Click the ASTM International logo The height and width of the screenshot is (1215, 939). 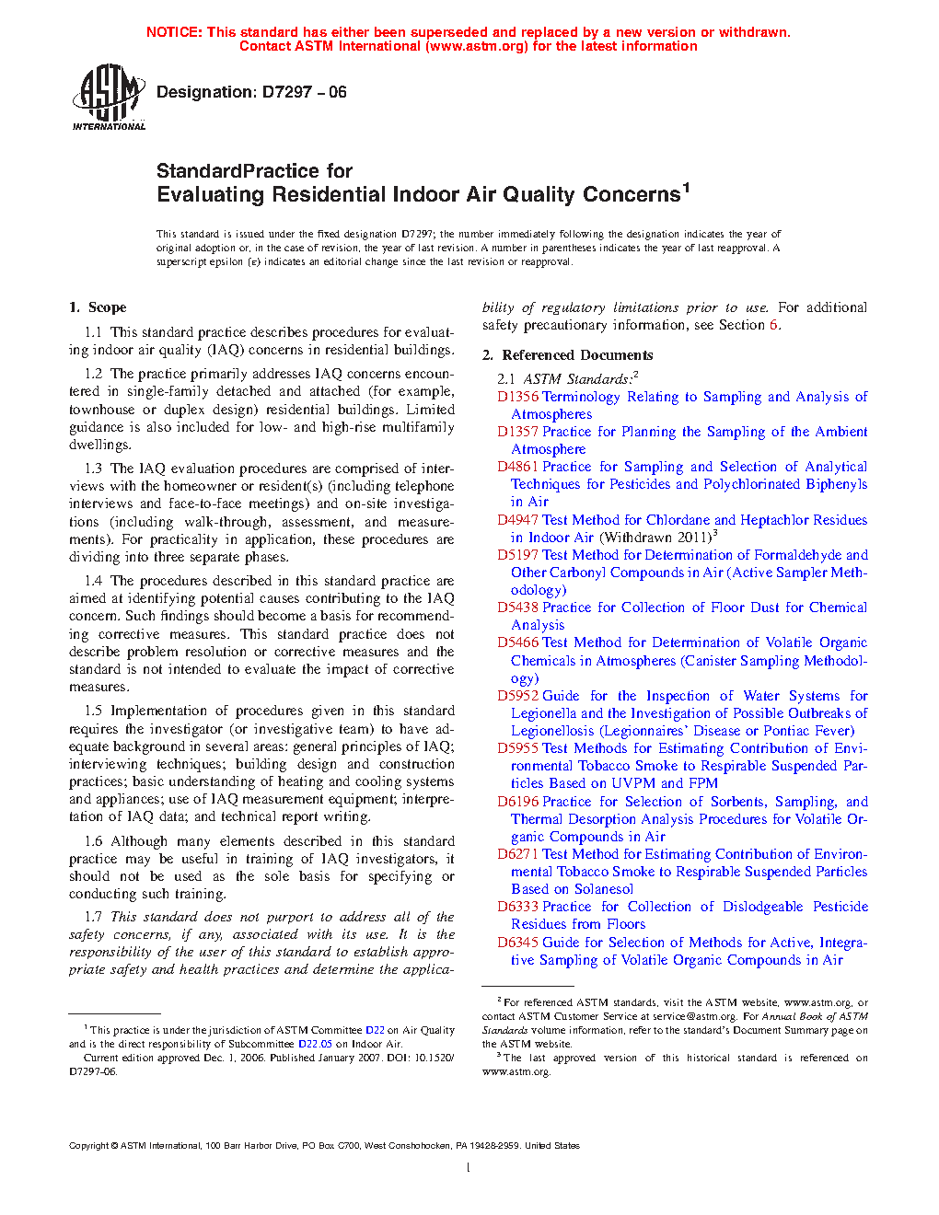coord(109,97)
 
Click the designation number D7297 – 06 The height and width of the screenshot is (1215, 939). coord(304,92)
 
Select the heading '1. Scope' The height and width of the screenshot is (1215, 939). coord(98,307)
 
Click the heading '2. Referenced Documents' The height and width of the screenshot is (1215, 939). coord(568,355)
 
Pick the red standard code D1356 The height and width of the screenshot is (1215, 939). coord(517,397)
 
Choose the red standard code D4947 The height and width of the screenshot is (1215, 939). coord(517,520)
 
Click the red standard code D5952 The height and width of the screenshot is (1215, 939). coord(517,696)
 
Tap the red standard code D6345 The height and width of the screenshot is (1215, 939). coord(517,943)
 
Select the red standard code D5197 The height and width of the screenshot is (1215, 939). coord(517,555)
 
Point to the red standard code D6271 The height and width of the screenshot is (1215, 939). coord(517,854)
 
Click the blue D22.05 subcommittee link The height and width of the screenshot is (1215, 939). coord(315,1044)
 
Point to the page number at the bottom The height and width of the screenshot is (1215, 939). coord(469,1168)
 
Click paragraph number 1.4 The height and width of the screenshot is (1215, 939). coord(93,581)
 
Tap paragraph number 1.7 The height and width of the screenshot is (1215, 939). coord(93,917)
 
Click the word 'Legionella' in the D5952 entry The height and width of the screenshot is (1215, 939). coord(544,713)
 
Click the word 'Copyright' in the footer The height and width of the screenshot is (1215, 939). coord(88,1146)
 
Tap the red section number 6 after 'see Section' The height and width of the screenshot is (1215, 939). coord(773,325)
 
